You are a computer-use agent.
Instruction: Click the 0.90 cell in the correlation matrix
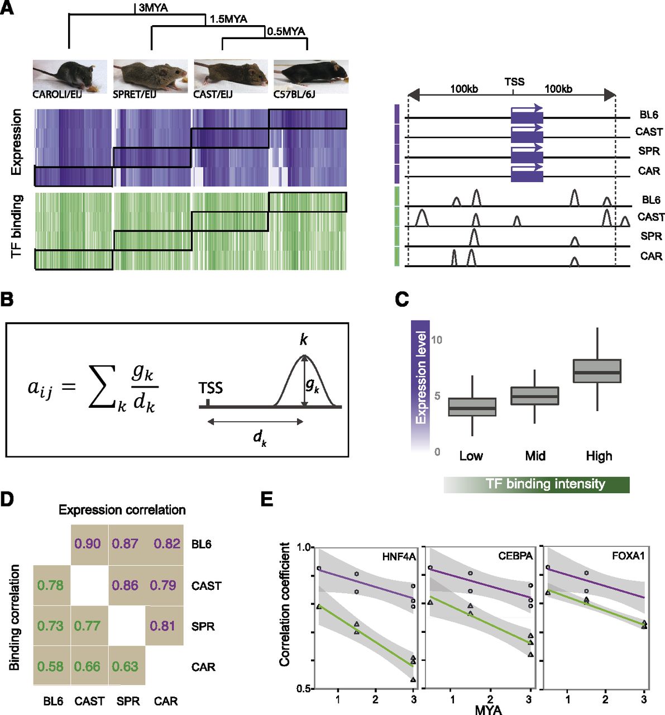click(x=89, y=544)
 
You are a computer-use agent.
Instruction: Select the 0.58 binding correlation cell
click(x=50, y=666)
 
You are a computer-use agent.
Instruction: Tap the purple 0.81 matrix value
click(x=163, y=626)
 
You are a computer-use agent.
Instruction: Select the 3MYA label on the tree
click(x=152, y=8)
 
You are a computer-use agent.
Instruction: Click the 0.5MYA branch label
click(x=286, y=31)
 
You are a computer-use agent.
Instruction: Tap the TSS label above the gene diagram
click(x=514, y=82)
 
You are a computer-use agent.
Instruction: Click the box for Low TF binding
click(x=472, y=407)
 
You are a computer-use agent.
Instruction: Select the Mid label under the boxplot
click(x=535, y=456)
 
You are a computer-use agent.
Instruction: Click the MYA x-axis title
click(x=488, y=710)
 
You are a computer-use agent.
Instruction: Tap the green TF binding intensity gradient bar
click(x=537, y=484)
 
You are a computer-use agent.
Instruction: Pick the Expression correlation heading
click(x=122, y=509)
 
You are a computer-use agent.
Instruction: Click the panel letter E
click(x=267, y=499)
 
